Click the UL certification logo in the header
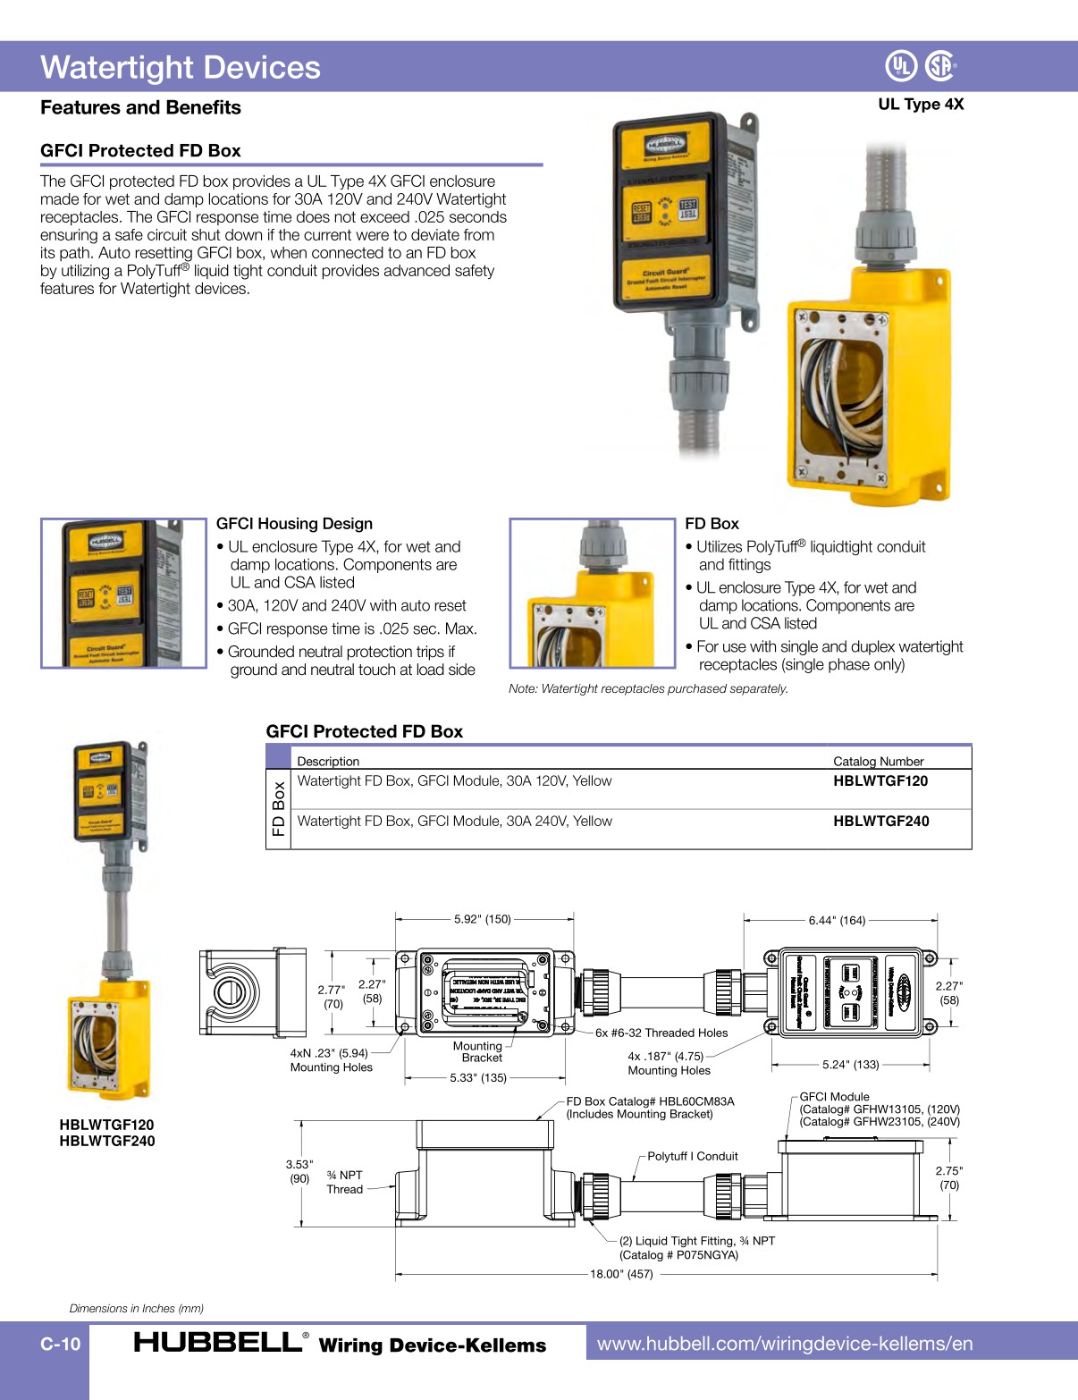click(x=901, y=65)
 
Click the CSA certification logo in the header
click(x=939, y=65)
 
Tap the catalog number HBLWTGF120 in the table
click(x=880, y=780)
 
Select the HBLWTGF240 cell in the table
click(x=880, y=821)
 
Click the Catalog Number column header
click(x=878, y=761)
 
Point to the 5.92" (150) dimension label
click(x=482, y=919)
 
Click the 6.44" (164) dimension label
click(x=837, y=920)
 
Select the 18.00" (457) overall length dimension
click(x=621, y=1274)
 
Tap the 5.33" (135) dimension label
click(x=478, y=1077)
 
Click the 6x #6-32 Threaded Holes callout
click(x=661, y=1033)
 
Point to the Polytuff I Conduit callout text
click(x=692, y=1156)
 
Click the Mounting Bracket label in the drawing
click(x=479, y=1051)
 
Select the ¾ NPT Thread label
click(x=345, y=1182)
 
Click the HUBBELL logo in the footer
click(x=218, y=1343)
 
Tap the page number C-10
click(x=60, y=1344)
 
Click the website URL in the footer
click(x=785, y=1344)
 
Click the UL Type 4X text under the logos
click(x=921, y=104)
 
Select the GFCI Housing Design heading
click(x=294, y=524)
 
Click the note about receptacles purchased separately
click(x=648, y=688)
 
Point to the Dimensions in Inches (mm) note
click(x=137, y=1308)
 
